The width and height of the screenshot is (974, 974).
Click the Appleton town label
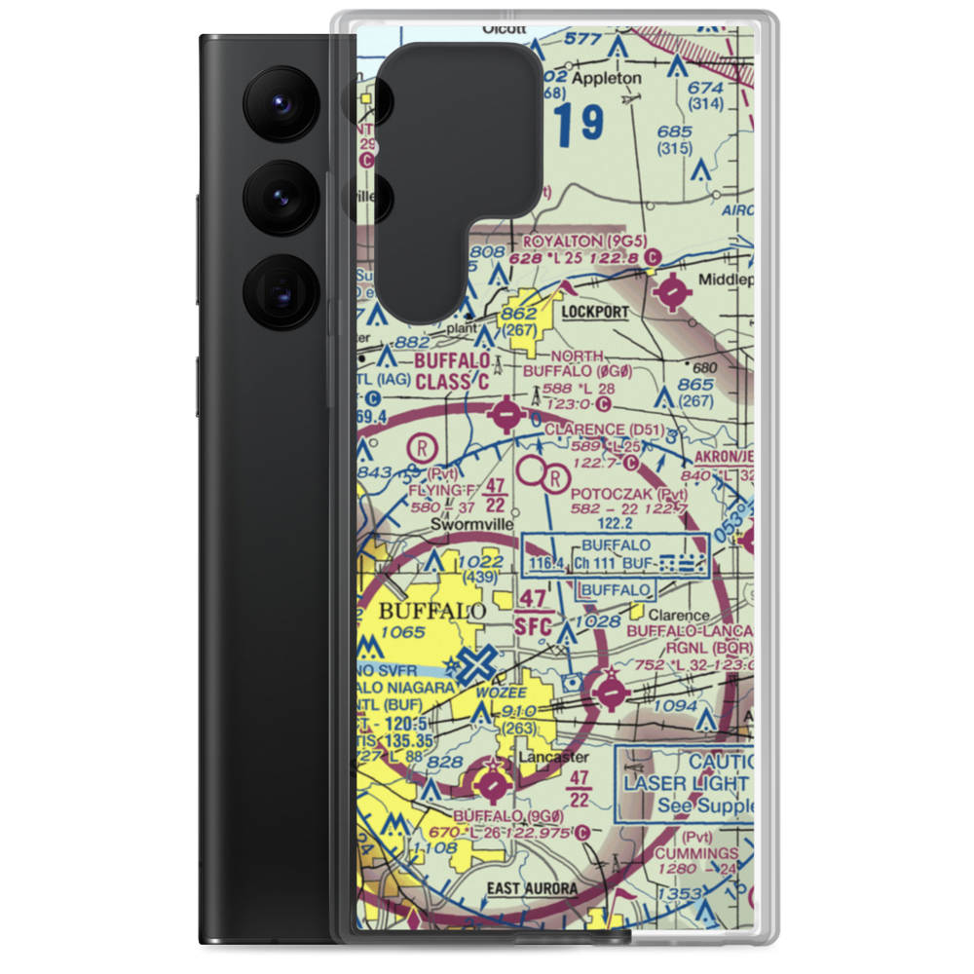point(607,77)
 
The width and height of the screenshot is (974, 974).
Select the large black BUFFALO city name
point(431,612)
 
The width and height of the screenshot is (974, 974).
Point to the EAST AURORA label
point(532,888)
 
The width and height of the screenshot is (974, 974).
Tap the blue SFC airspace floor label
point(532,626)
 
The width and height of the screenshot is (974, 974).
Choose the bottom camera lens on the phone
point(280,290)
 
